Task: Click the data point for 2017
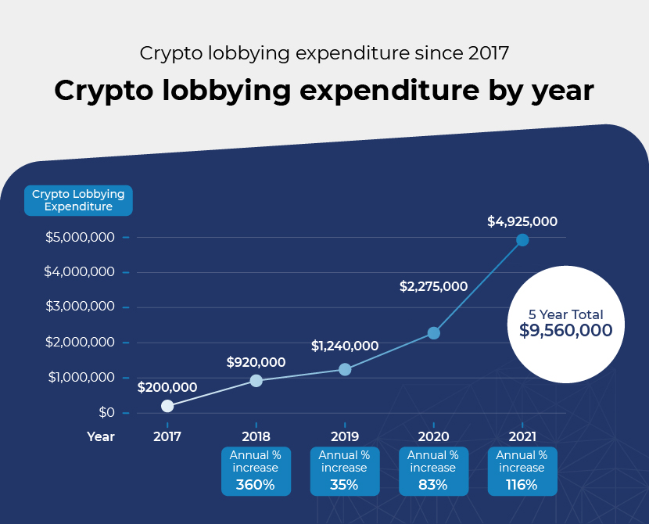pos(167,406)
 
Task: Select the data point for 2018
pos(256,381)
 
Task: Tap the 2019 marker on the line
pos(345,369)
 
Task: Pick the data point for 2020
pos(434,333)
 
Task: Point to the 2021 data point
pos(522,240)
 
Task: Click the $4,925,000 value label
pos(522,221)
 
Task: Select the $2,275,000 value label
pos(433,287)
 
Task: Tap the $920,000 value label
pos(256,362)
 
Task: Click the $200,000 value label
pos(167,386)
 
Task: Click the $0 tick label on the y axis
pos(106,412)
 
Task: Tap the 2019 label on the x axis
pos(345,436)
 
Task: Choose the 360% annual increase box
pos(256,471)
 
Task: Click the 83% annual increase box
pos(433,471)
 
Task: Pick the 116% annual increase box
pos(522,471)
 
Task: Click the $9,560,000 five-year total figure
pos(565,331)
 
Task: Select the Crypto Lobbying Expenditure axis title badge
pos(78,200)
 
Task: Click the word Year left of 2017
pos(101,436)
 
